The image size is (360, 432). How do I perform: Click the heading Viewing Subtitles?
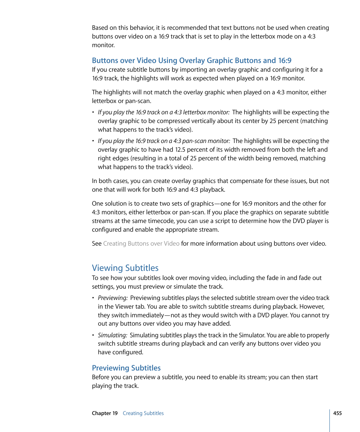[125, 268]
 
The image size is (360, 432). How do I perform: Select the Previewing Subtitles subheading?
[126, 368]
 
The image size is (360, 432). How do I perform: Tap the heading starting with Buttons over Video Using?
[191, 60]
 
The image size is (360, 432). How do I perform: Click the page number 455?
[337, 413]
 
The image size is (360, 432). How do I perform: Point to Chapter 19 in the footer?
[105, 413]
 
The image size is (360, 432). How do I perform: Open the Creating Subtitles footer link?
[143, 413]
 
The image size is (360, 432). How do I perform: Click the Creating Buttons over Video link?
[141, 243]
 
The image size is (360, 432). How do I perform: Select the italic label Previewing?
[112, 298]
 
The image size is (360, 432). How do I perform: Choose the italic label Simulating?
[112, 335]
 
